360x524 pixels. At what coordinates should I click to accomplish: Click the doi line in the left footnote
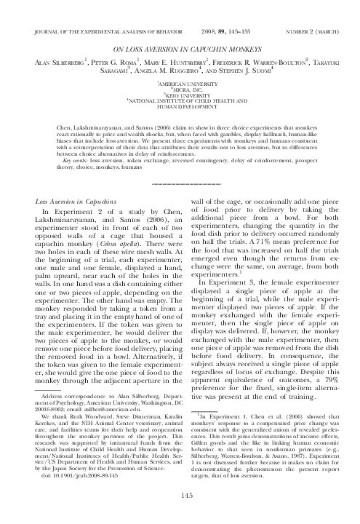tap(65, 485)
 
